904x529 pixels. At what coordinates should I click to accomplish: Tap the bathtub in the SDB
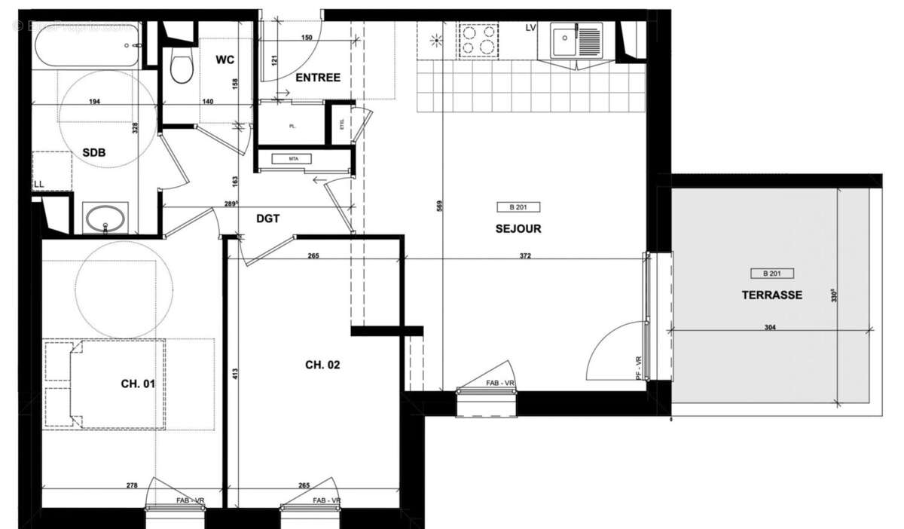pyautogui.click(x=87, y=46)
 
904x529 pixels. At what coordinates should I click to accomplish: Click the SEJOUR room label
pyautogui.click(x=518, y=229)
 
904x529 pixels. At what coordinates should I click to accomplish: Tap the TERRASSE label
pyautogui.click(x=772, y=295)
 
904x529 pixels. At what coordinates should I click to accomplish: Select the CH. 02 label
pyautogui.click(x=322, y=365)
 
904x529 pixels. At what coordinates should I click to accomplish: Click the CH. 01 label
pyautogui.click(x=138, y=384)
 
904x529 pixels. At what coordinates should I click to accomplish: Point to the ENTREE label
pyautogui.click(x=317, y=78)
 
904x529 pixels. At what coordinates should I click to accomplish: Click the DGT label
pyautogui.click(x=267, y=219)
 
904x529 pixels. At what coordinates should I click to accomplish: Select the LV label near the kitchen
pyautogui.click(x=531, y=28)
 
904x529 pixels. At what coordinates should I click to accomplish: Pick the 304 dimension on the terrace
pyautogui.click(x=769, y=328)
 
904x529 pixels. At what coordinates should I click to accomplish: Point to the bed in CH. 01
pyautogui.click(x=105, y=384)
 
